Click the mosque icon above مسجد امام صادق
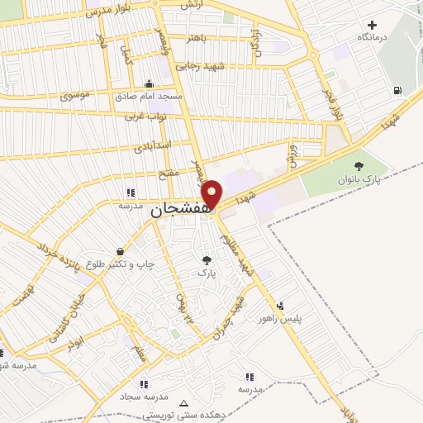149,83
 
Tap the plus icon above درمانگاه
372,26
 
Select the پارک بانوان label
357,178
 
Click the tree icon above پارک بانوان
358,166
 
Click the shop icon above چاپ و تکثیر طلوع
121,251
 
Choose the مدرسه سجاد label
144,397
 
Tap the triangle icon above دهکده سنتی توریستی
183,404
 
